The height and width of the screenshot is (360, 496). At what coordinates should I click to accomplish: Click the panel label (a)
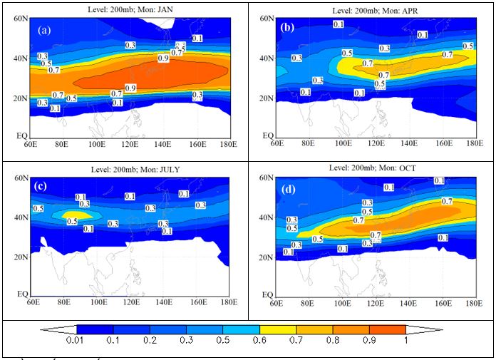(44, 31)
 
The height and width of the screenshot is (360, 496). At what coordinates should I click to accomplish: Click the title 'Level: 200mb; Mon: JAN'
(128, 6)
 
